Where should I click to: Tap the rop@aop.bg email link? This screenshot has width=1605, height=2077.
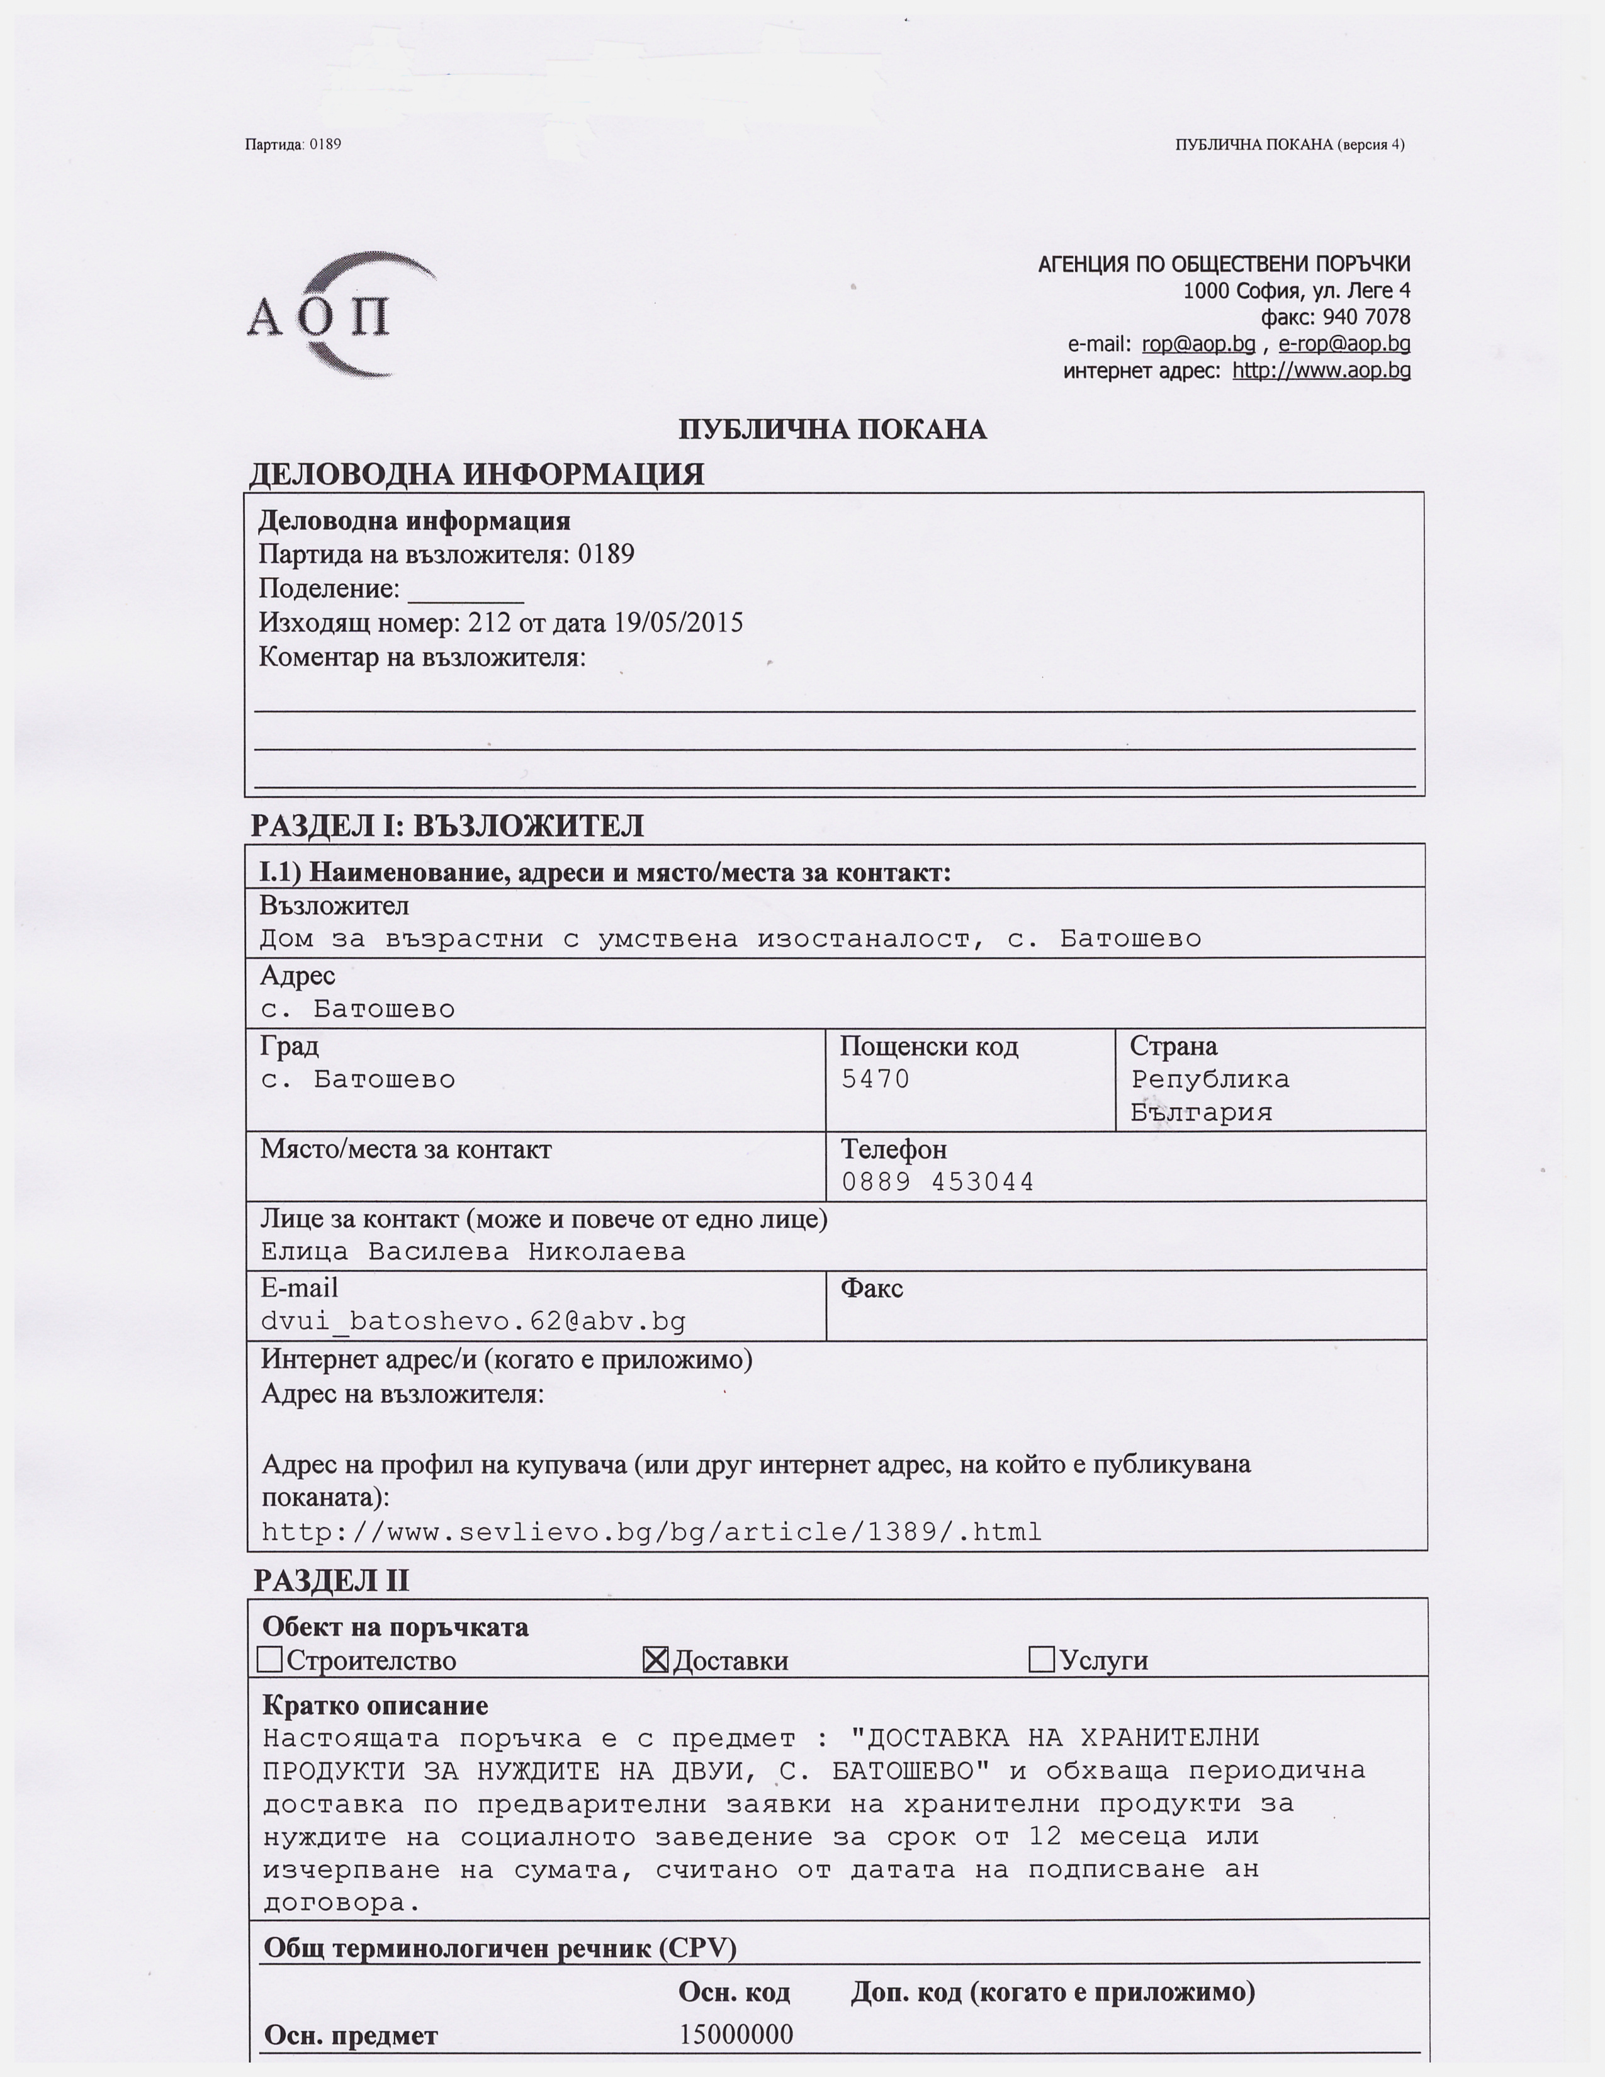1198,344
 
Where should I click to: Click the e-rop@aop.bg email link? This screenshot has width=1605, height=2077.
1344,344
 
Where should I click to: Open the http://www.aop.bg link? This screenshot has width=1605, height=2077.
1321,371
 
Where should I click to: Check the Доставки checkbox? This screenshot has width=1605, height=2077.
655,1660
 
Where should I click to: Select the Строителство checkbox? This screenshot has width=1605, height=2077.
270,1660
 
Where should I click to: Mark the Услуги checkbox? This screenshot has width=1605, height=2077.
1041,1660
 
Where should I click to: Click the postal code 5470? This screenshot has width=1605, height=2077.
875,1079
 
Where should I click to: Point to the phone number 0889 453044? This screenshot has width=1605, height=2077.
938,1182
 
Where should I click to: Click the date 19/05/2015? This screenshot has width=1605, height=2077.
678,623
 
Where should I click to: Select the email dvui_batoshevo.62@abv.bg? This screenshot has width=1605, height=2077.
473,1322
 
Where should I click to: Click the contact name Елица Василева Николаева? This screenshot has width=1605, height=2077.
473,1251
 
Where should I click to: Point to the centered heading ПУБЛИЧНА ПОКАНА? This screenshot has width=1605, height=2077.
832,430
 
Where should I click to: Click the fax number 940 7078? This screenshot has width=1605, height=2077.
1366,317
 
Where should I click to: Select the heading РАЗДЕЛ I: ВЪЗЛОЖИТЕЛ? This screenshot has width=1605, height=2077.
447,826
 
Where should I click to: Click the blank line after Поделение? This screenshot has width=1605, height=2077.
466,592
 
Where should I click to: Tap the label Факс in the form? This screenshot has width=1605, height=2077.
871,1288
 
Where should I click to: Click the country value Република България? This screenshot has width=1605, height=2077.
1210,1096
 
